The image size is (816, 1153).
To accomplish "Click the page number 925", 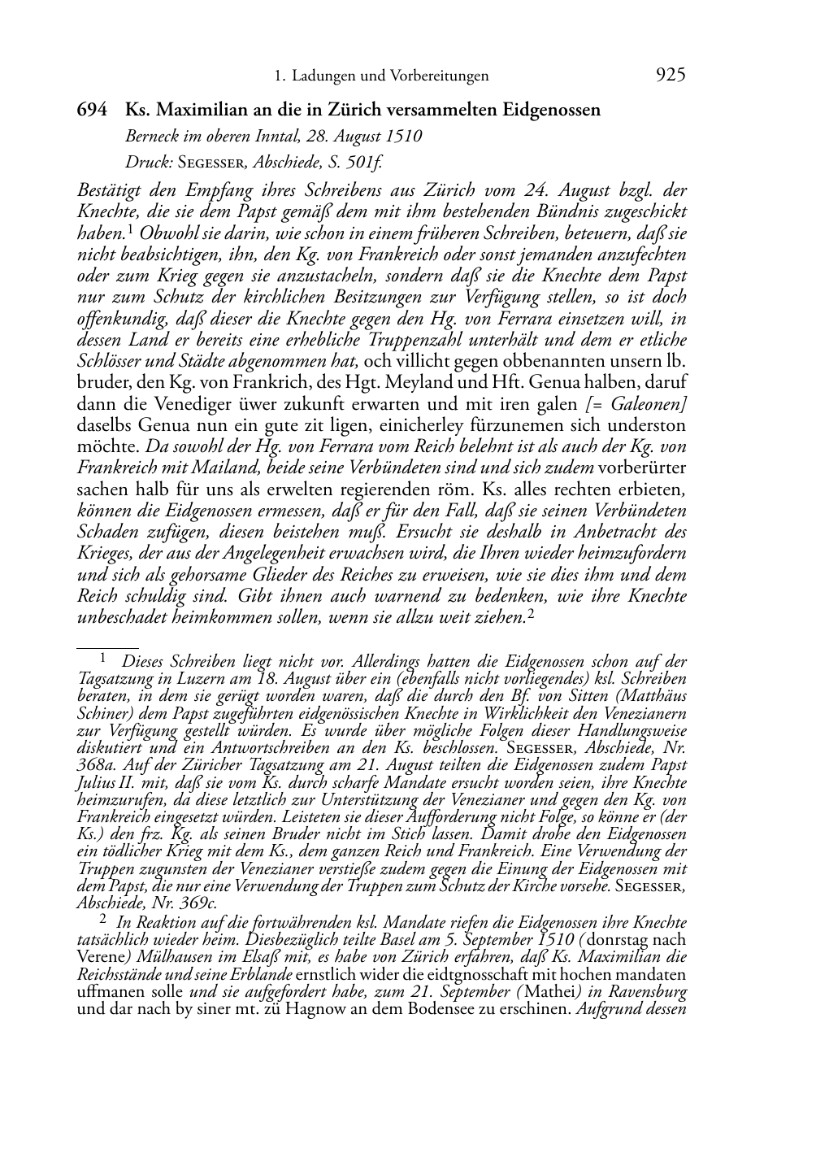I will pos(670,76).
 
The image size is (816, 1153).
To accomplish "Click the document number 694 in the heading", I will pos(92,110).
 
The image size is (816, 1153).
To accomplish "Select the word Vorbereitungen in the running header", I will pos(440,76).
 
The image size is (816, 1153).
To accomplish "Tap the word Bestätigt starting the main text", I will pos(112,191).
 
